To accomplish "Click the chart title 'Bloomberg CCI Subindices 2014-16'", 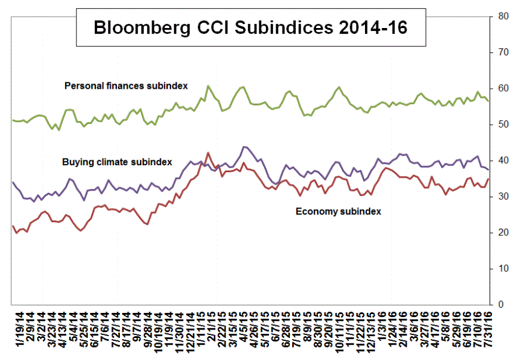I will coord(250,27).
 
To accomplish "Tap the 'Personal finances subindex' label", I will coord(126,86).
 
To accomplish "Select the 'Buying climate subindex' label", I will coord(117,162).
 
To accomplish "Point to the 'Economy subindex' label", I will coord(338,211).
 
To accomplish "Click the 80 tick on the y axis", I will coord(503,17).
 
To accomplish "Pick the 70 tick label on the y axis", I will coord(503,52).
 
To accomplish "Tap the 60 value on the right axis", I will coord(503,89).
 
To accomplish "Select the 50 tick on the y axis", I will coord(503,125).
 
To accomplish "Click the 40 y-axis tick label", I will coord(503,161).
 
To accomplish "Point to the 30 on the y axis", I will coord(503,197).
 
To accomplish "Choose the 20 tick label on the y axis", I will coord(503,232).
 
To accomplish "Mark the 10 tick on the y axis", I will coord(503,269).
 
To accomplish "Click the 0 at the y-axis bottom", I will coord(500,305).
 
